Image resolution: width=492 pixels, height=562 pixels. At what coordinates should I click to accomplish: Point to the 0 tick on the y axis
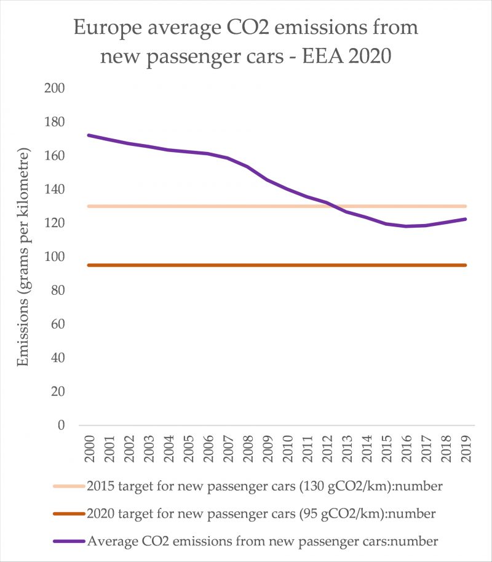[60, 425]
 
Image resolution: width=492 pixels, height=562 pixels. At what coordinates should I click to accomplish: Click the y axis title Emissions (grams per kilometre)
[23, 257]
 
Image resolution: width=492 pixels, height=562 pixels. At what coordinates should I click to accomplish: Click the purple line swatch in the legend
[69, 541]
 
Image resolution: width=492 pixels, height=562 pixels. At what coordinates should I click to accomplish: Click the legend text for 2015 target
[265, 486]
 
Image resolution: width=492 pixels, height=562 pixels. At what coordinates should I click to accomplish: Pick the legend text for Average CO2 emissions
[263, 541]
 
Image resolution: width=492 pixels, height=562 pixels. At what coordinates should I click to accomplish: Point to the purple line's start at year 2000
[89, 135]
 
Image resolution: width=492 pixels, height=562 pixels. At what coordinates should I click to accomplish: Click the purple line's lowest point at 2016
[406, 226]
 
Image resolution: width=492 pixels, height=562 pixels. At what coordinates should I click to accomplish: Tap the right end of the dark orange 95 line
[465, 265]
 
